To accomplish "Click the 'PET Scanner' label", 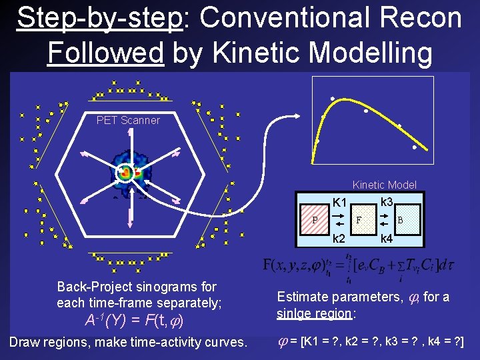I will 128,121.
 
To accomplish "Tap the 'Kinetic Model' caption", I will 384,185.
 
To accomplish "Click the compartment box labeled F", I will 359,219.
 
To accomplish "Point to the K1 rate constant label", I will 340,202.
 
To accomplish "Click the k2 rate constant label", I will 340,238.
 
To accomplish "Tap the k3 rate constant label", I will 387,201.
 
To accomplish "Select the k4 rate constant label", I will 387,238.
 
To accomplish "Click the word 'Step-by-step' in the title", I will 100,19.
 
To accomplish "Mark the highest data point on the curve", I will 333,99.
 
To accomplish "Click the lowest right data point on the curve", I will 414,147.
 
